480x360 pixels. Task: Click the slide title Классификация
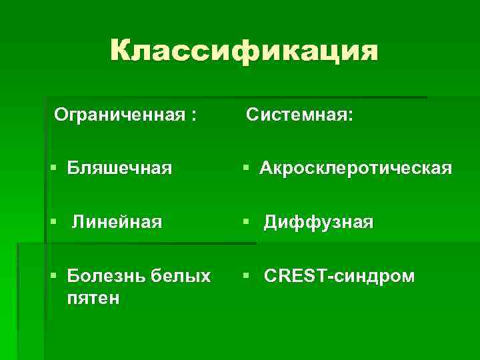pos(243,51)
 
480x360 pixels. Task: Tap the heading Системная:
pos(299,115)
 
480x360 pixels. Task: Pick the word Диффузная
pos(318,221)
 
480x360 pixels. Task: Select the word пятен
pos(93,297)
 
